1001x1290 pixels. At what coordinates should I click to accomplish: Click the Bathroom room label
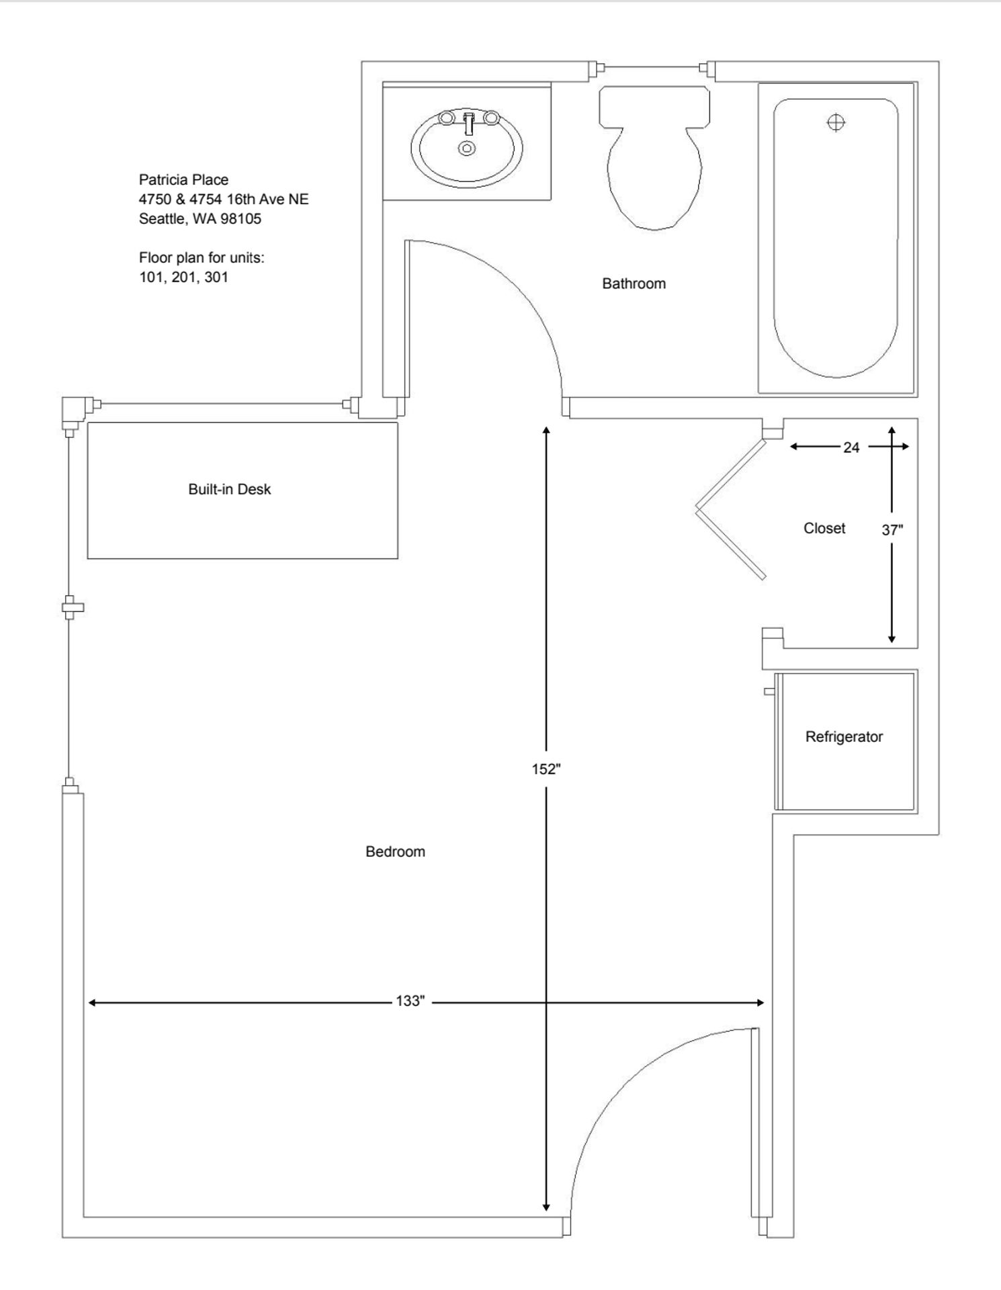pos(634,284)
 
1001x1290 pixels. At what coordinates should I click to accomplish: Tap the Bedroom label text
pos(395,851)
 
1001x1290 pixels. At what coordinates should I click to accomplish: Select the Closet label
pos(824,528)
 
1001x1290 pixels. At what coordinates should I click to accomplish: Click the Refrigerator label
pos(844,736)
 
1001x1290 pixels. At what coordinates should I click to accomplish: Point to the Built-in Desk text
pos(229,489)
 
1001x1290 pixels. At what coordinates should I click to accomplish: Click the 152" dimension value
pos(546,769)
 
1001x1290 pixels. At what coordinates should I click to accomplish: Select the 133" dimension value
pos(410,1001)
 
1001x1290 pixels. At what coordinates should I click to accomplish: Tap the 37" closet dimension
pos(892,530)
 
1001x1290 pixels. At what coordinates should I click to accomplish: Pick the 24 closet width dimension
pos(851,447)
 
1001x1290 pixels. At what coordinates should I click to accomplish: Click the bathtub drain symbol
pos(836,122)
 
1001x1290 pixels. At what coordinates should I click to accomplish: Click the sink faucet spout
pos(469,125)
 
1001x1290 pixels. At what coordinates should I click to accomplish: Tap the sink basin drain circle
pos(467,148)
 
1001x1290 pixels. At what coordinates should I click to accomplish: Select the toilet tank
pos(654,106)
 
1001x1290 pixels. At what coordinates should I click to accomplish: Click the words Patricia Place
pos(183,179)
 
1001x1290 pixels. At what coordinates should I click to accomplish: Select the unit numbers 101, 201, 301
pos(183,277)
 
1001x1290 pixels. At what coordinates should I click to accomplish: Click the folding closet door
pos(731,511)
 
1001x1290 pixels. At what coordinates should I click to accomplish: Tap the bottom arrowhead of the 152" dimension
pos(546,1207)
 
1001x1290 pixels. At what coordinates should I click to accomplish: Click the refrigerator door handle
pos(769,691)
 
